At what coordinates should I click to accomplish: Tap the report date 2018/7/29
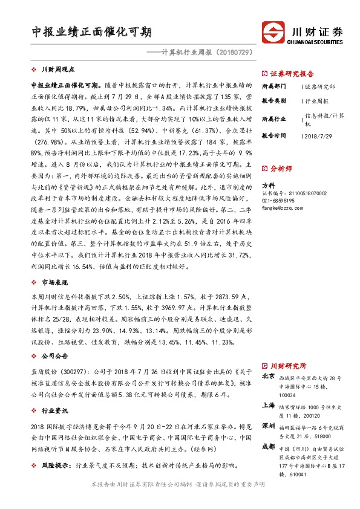319,136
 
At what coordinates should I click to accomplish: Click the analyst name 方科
267,186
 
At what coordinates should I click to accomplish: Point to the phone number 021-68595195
278,200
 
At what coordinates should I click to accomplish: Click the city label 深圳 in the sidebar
268,427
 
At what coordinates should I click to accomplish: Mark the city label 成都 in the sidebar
268,447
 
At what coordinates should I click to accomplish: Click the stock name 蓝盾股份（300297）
58,373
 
